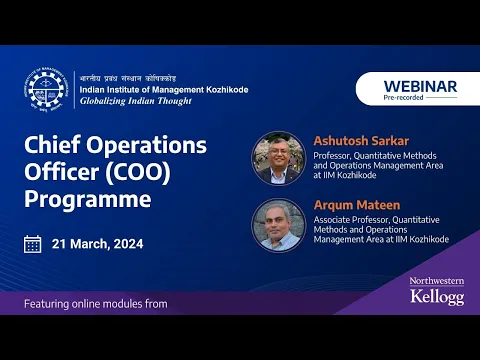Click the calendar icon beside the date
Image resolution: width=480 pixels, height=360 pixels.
pos(33,244)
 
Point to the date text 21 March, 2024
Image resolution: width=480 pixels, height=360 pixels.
pos(97,244)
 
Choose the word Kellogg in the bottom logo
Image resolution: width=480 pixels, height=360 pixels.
pos(436,297)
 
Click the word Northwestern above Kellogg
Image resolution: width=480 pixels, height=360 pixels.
pos(437,281)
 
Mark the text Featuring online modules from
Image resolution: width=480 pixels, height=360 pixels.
pos(96,303)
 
